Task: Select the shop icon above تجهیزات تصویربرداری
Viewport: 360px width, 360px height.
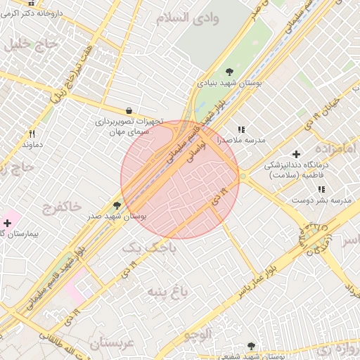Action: (x=129, y=110)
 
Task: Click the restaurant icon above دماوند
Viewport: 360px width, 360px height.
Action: (x=32, y=134)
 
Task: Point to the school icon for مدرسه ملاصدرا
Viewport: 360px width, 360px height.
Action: (x=242, y=129)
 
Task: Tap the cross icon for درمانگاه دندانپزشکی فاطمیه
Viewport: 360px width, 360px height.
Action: (x=296, y=153)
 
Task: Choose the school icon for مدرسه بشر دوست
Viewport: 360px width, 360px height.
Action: (x=321, y=189)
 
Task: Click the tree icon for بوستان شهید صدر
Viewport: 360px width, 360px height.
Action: (x=117, y=205)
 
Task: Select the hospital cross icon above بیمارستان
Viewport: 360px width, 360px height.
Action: (x=7, y=222)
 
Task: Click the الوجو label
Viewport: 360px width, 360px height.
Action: (x=198, y=334)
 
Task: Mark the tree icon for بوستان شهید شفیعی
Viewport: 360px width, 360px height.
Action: (x=251, y=345)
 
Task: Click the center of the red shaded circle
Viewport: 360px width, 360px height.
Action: (x=180, y=179)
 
